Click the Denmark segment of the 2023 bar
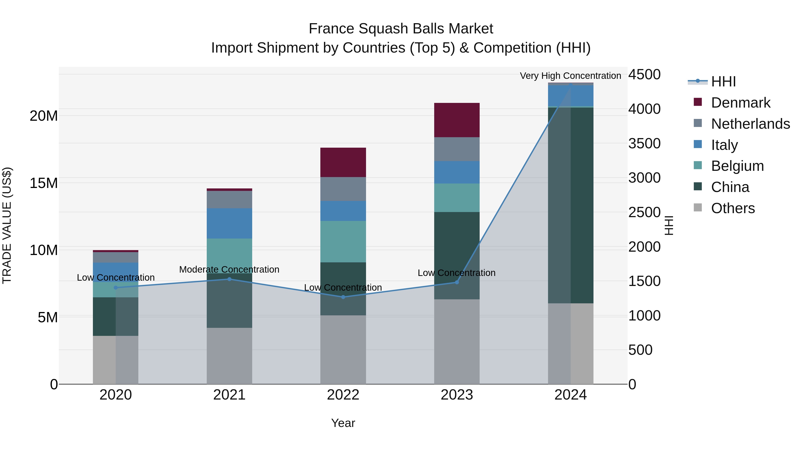[457, 120]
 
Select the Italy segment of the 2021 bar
[229, 223]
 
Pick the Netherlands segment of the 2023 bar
[457, 149]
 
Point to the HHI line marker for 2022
[343, 297]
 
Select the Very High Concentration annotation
[570, 76]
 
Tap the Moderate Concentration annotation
[229, 269]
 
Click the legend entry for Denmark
[740, 103]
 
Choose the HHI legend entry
[723, 82]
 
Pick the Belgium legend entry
[737, 166]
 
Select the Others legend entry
[732, 208]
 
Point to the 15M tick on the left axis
[44, 183]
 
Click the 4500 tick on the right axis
[644, 75]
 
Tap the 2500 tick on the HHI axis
[644, 212]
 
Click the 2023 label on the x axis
[457, 395]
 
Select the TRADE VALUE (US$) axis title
[7, 225]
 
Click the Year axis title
[343, 423]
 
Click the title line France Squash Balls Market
[401, 29]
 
